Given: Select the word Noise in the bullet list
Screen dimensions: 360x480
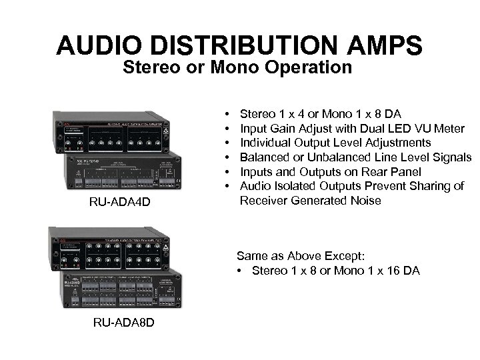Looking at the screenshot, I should pyautogui.click(x=364, y=200).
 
